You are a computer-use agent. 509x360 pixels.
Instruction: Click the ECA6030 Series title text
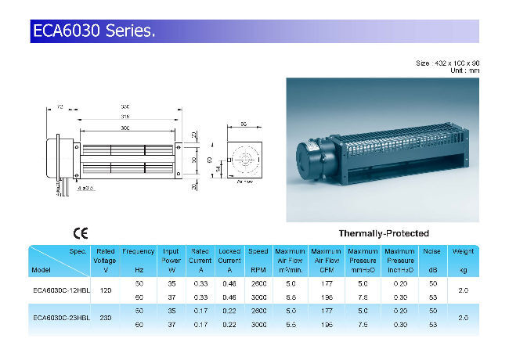tap(94, 32)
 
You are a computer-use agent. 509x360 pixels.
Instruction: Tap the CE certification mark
tap(80, 233)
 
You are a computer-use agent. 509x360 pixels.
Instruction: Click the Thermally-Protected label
tap(383, 233)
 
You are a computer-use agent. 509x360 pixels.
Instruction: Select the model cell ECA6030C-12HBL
tap(60, 289)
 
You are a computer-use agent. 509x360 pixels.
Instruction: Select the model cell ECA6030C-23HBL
tap(60, 318)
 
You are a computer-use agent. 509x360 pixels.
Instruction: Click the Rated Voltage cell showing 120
tap(105, 289)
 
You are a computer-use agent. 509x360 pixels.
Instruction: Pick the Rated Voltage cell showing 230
tap(105, 318)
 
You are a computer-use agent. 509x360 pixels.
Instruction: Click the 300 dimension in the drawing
tap(125, 128)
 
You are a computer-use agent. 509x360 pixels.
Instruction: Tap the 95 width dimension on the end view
tap(244, 124)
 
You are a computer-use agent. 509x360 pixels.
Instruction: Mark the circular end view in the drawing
tap(244, 160)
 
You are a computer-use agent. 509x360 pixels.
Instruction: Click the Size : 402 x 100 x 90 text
tap(446, 63)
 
